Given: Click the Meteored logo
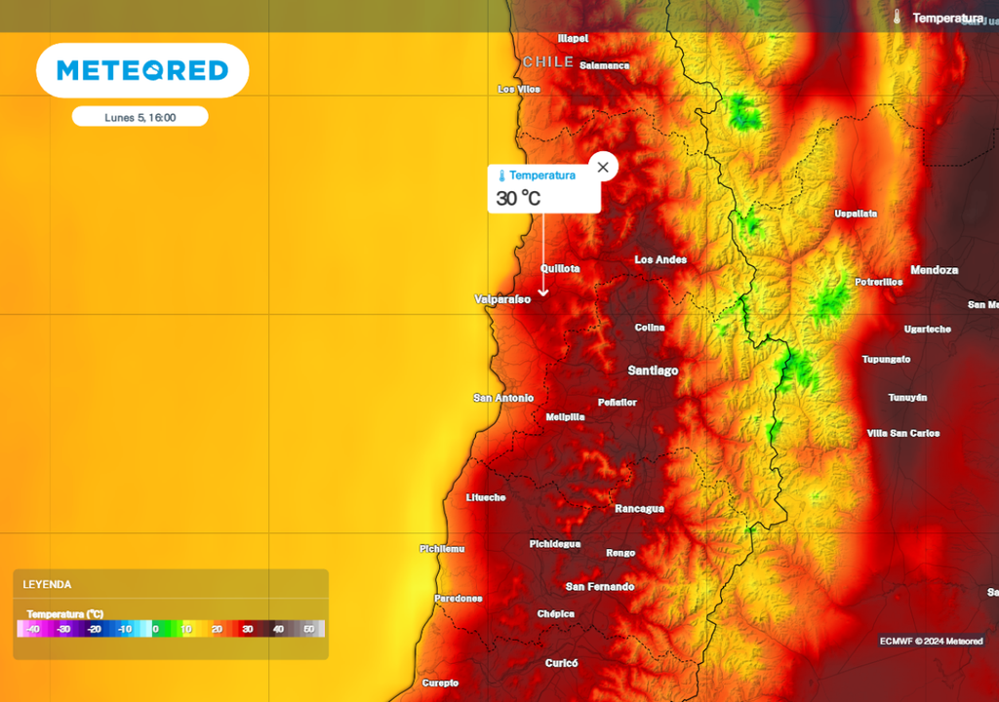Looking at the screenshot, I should click(142, 70).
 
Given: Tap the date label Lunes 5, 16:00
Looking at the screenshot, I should click(140, 117).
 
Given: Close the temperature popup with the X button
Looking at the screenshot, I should click(603, 168).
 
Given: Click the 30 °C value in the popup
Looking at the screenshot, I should click(518, 198).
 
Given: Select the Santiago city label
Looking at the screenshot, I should click(653, 370).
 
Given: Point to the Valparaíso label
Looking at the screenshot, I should click(502, 299).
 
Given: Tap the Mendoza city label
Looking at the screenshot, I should click(934, 270).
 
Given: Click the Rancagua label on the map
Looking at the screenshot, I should click(639, 509).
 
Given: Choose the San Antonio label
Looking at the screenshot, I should click(503, 398).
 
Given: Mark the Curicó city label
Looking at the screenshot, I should click(561, 663).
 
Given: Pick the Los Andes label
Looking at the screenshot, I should click(660, 259).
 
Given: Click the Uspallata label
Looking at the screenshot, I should click(856, 214).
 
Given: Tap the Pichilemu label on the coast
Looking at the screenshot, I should click(441, 549).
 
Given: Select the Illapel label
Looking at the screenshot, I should click(573, 38).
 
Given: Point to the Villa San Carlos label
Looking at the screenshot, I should click(902, 433).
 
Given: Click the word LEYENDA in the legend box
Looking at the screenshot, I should click(47, 584).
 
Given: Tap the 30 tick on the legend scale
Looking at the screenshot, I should click(248, 629).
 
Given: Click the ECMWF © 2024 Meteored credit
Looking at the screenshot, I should click(931, 641).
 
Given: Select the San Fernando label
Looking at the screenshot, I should click(600, 587).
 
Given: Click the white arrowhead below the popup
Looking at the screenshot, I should click(543, 292).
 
